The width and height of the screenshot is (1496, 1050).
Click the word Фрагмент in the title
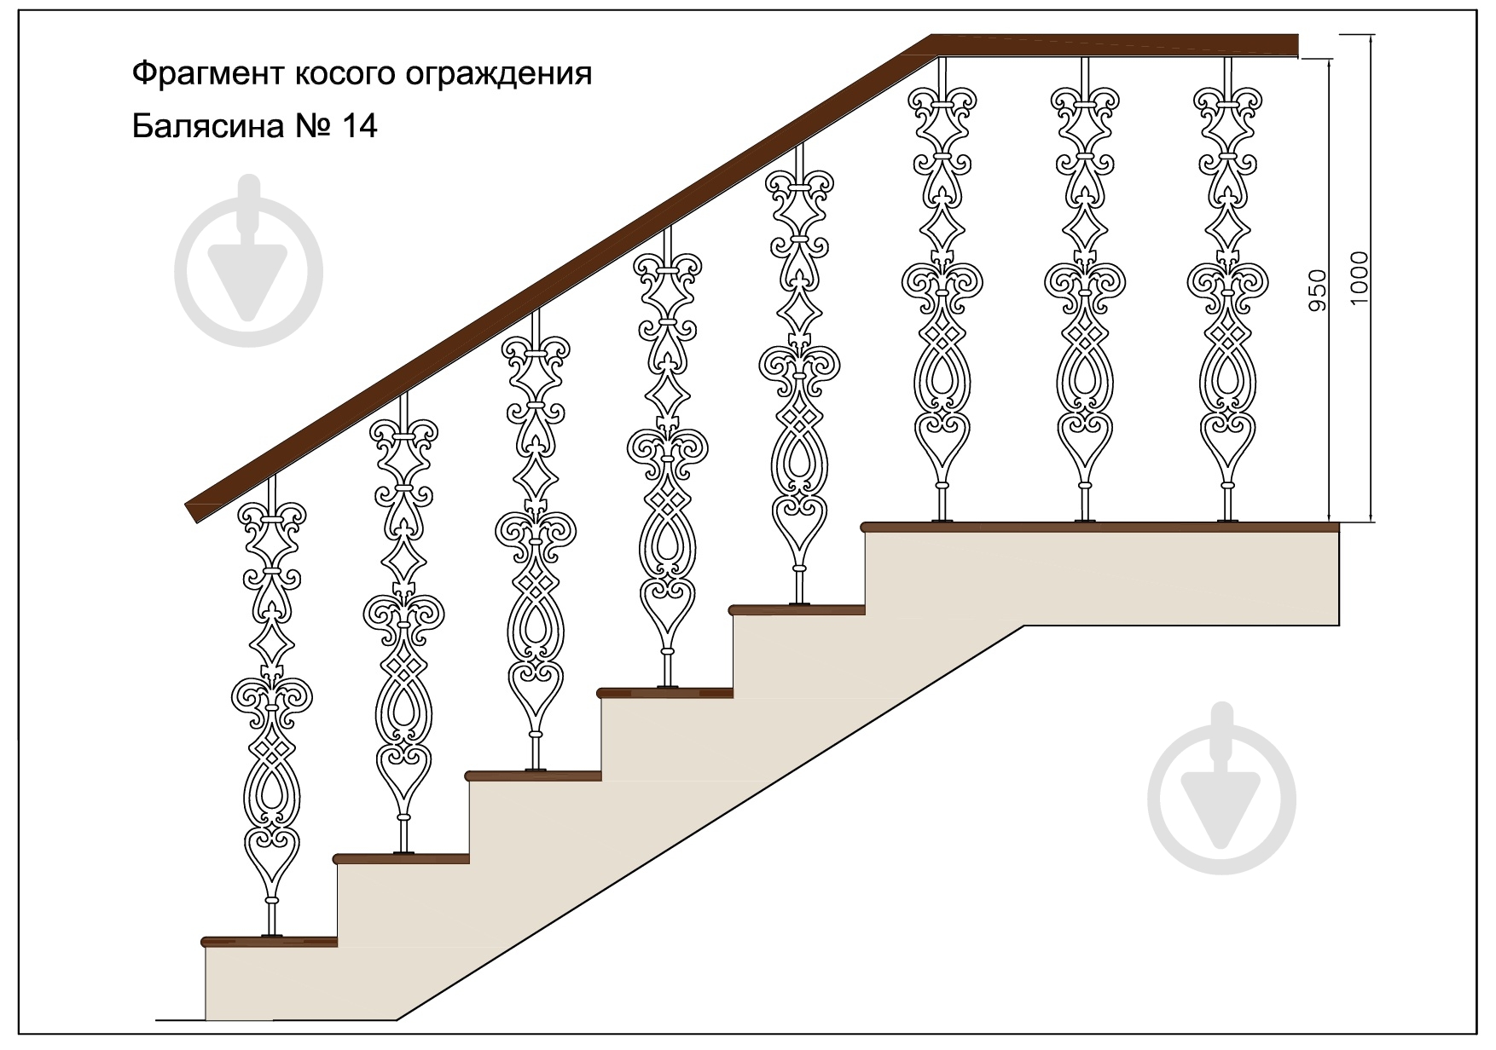(x=207, y=74)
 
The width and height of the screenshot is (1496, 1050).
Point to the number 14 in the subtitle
(x=358, y=126)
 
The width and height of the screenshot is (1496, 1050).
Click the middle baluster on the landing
(x=1085, y=290)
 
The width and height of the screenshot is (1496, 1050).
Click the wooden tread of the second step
(x=402, y=859)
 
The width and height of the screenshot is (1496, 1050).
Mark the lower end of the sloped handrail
(x=193, y=513)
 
